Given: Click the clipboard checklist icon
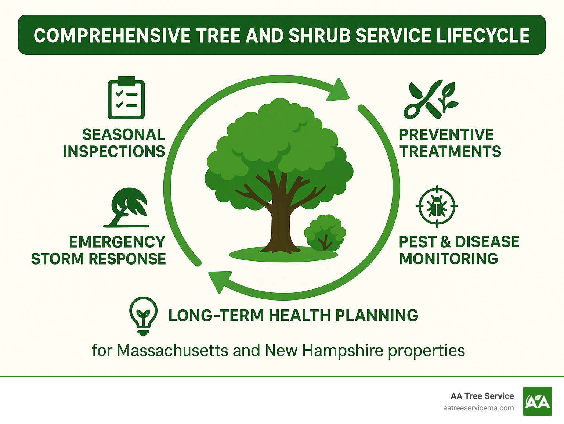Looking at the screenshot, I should click(x=126, y=98).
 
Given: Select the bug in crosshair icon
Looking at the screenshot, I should click(x=437, y=206).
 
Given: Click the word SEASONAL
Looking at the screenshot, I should click(x=123, y=134).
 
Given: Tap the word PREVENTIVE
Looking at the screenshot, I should click(x=446, y=134).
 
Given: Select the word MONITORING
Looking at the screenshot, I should click(x=448, y=259).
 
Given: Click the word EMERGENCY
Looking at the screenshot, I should click(x=117, y=242).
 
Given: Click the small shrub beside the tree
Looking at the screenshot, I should click(x=325, y=232).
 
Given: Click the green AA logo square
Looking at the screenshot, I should click(x=537, y=401).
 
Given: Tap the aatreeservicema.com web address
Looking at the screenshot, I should click(x=478, y=408).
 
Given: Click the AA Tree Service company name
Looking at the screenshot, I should click(x=482, y=396).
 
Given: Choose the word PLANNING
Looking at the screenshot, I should click(x=376, y=316).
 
